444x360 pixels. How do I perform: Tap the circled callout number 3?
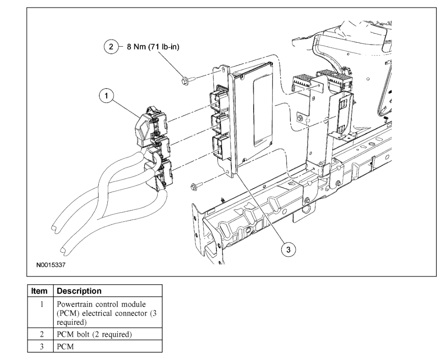coord(288,250)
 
